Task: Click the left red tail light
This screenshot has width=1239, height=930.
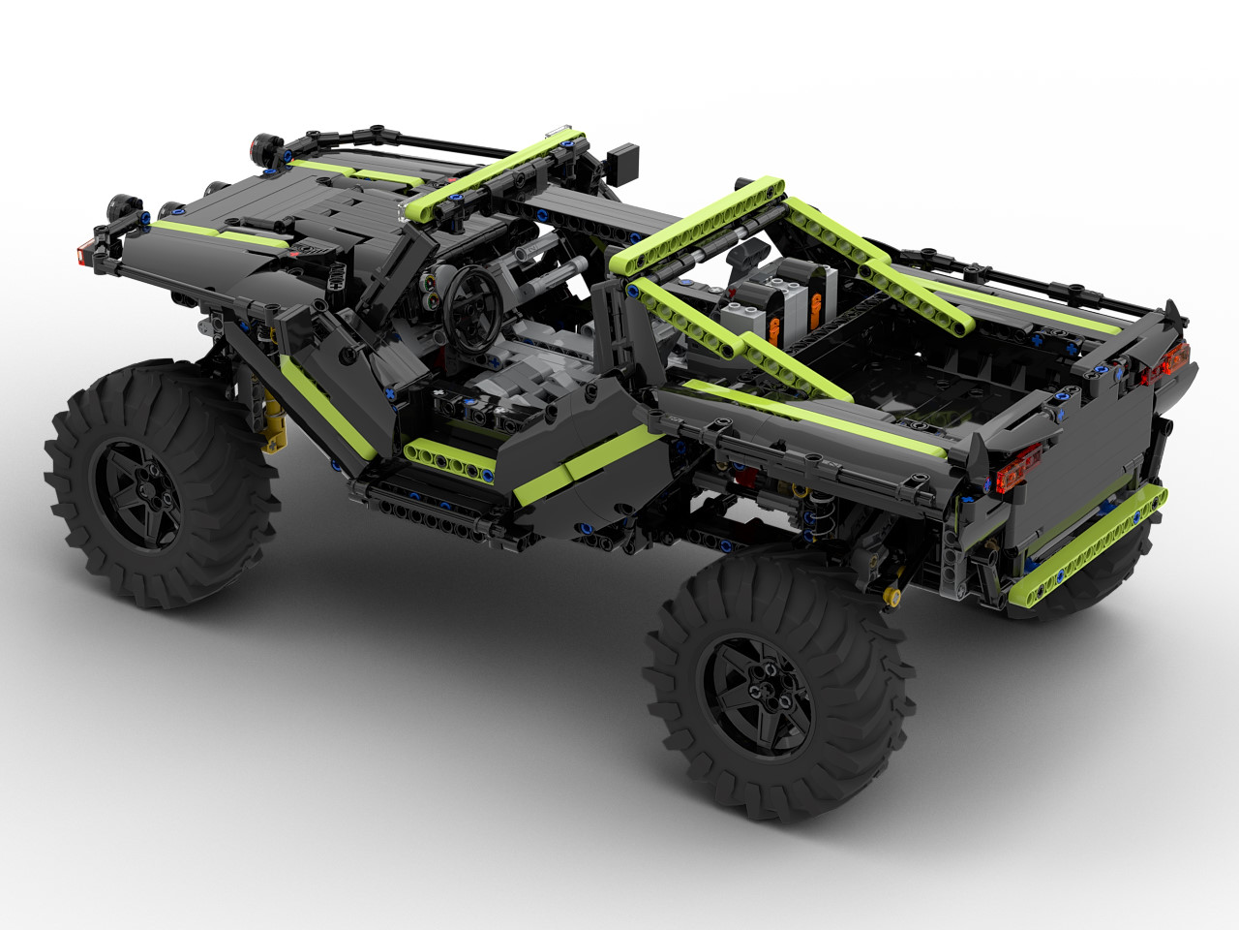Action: pyautogui.click(x=1020, y=466)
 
